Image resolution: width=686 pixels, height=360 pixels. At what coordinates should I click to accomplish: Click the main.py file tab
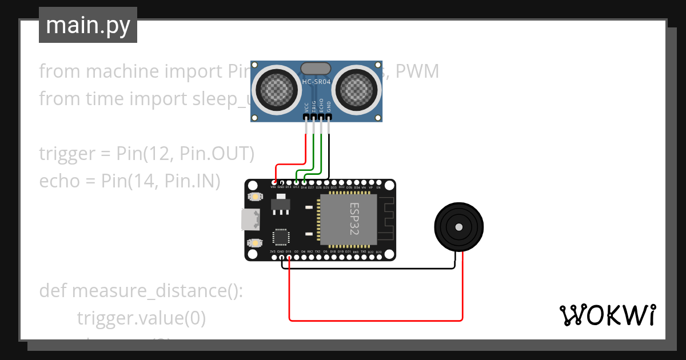point(87,25)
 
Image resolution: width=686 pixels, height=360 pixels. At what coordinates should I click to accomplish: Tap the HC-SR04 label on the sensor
point(316,82)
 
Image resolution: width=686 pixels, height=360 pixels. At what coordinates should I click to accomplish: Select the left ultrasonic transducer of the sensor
point(276,88)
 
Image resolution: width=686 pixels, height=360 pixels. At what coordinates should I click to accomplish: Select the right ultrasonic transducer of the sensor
point(356,88)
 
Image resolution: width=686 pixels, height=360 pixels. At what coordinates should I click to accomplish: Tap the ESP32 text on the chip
point(354,218)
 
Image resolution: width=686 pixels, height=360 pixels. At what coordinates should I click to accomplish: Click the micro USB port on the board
point(249,219)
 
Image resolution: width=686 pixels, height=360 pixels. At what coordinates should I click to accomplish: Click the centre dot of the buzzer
point(458,227)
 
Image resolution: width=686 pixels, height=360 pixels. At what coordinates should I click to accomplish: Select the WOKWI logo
point(607,315)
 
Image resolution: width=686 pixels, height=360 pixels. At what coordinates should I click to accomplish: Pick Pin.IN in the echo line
point(192,181)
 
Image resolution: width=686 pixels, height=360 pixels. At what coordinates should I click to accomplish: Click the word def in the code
point(53,291)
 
